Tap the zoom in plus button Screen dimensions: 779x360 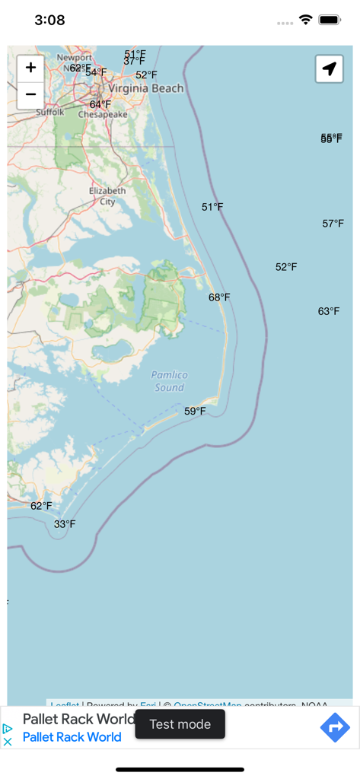[30, 68]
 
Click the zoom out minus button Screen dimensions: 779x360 [30, 94]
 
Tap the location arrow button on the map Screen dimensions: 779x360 [329, 69]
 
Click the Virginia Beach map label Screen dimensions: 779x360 [145, 88]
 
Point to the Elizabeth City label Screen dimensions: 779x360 [107, 196]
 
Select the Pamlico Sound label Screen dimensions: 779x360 [169, 381]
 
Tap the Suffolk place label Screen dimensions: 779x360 [50, 112]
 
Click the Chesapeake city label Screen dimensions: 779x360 [103, 115]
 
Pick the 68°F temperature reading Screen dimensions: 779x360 [219, 297]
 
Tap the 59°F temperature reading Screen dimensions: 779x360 [195, 412]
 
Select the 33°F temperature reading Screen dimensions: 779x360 [65, 524]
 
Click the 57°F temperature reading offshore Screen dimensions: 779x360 [333, 224]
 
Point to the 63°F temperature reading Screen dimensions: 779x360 [329, 311]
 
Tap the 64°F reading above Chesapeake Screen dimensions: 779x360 [100, 104]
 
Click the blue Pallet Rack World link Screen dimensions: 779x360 [72, 736]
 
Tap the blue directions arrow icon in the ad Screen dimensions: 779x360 [335, 728]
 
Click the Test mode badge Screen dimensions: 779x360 [180, 724]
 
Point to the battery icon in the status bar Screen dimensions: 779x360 [330, 20]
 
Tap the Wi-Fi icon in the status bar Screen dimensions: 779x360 [306, 20]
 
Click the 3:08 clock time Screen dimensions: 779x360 [49, 21]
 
